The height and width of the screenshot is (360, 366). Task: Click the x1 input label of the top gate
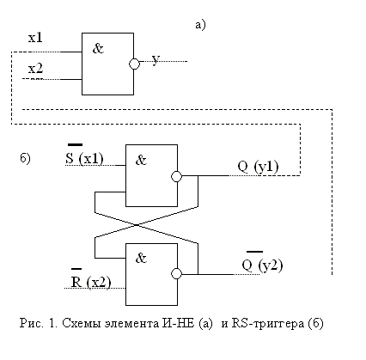click(x=35, y=38)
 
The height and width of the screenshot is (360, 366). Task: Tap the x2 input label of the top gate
click(x=35, y=69)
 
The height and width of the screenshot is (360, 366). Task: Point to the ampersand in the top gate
click(x=98, y=48)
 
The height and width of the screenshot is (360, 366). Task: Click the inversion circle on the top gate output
click(x=134, y=64)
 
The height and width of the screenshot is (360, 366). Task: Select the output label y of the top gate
click(x=156, y=59)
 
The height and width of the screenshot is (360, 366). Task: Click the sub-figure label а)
click(x=200, y=25)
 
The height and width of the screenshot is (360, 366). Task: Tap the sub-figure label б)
click(x=25, y=158)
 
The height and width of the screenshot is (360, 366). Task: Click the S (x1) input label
click(x=84, y=156)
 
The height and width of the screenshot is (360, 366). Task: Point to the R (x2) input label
click(x=91, y=278)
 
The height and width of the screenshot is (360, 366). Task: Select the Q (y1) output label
click(x=258, y=167)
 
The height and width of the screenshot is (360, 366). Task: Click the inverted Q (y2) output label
click(x=262, y=262)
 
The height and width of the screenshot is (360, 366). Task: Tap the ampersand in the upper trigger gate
click(x=141, y=160)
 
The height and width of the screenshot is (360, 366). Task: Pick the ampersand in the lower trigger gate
click(x=141, y=258)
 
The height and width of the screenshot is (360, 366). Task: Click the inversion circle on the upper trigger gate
click(x=176, y=176)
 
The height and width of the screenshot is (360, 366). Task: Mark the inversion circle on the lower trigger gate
click(x=176, y=274)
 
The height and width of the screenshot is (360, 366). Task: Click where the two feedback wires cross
click(x=137, y=225)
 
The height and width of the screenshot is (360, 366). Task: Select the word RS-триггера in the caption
click(x=268, y=324)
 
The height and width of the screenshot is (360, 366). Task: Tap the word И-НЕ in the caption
click(x=178, y=323)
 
